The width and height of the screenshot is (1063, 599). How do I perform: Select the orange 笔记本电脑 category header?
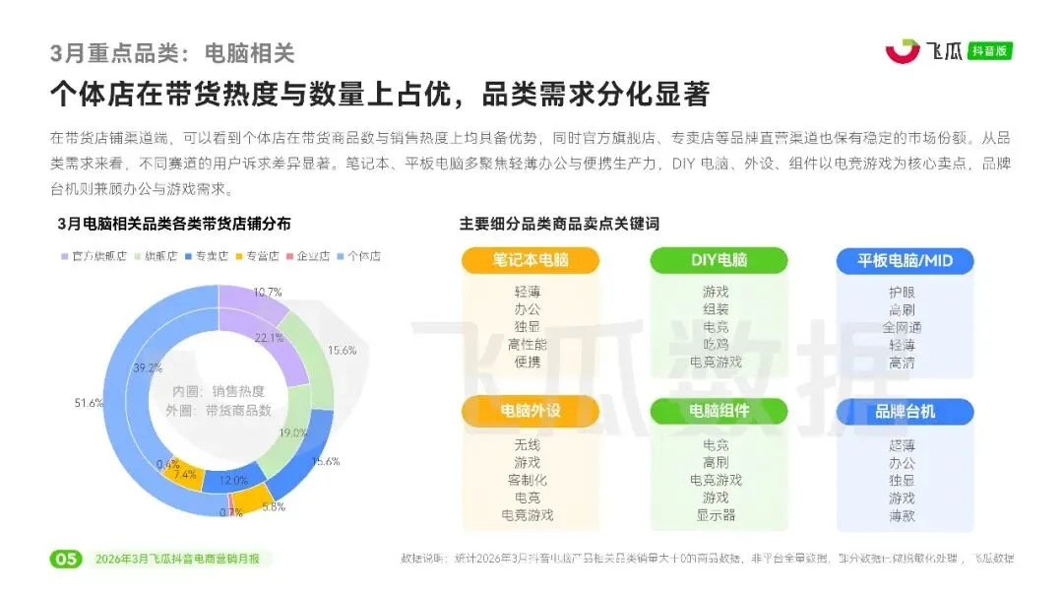click(531, 260)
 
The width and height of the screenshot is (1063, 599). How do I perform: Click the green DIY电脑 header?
click(719, 260)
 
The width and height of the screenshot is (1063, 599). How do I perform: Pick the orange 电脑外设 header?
click(531, 410)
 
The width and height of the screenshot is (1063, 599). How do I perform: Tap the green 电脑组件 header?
click(719, 410)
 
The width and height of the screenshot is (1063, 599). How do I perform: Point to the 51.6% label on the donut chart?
click(89, 403)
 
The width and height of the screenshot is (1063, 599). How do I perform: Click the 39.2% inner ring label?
click(148, 368)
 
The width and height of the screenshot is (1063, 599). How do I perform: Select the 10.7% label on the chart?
click(268, 292)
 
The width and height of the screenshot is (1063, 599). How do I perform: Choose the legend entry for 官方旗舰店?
click(94, 256)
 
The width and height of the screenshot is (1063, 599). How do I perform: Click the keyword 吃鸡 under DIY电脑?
click(716, 344)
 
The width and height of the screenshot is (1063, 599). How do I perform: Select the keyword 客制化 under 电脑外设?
click(528, 480)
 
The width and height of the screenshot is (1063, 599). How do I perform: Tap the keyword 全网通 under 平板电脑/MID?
click(902, 327)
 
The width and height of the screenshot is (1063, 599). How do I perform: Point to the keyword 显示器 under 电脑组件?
click(716, 514)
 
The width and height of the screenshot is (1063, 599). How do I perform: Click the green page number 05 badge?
click(66, 559)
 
